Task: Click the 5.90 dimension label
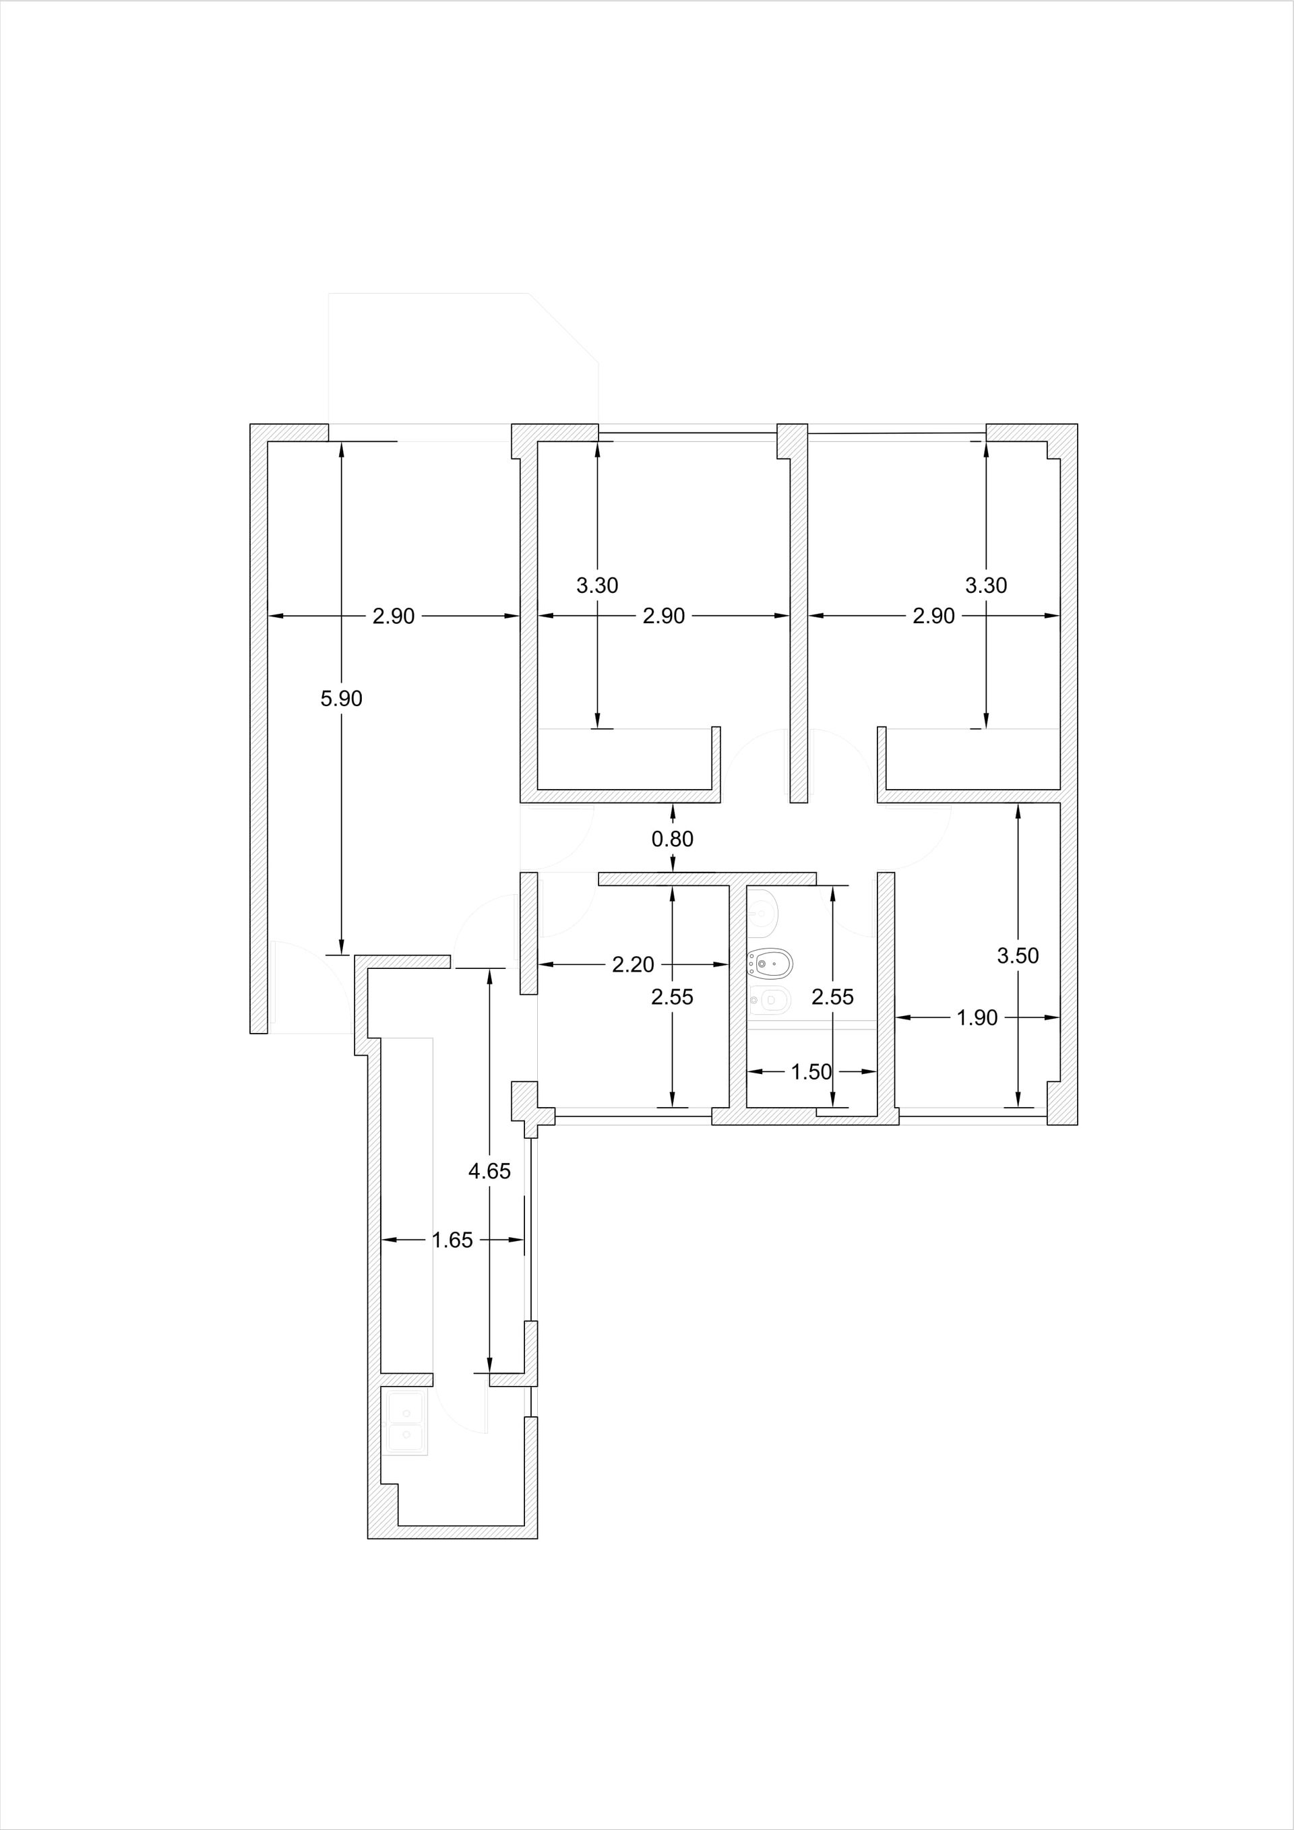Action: pyautogui.click(x=341, y=699)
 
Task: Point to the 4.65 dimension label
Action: pyautogui.click(x=489, y=1171)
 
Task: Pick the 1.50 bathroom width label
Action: pyautogui.click(x=811, y=1072)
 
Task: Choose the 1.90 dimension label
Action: pyautogui.click(x=977, y=1018)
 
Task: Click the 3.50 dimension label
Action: pyautogui.click(x=1018, y=955)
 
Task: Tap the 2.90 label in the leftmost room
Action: pyautogui.click(x=394, y=616)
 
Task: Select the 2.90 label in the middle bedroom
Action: pyautogui.click(x=664, y=616)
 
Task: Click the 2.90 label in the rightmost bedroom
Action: pyautogui.click(x=933, y=616)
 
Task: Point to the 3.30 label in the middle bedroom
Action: pyautogui.click(x=597, y=586)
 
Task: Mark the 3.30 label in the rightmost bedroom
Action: pyautogui.click(x=986, y=586)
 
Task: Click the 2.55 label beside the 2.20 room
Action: pyautogui.click(x=672, y=997)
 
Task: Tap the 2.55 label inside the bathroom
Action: pyautogui.click(x=832, y=997)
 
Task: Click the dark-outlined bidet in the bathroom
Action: pyautogui.click(x=770, y=964)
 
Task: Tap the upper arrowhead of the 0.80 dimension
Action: pyautogui.click(x=673, y=812)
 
